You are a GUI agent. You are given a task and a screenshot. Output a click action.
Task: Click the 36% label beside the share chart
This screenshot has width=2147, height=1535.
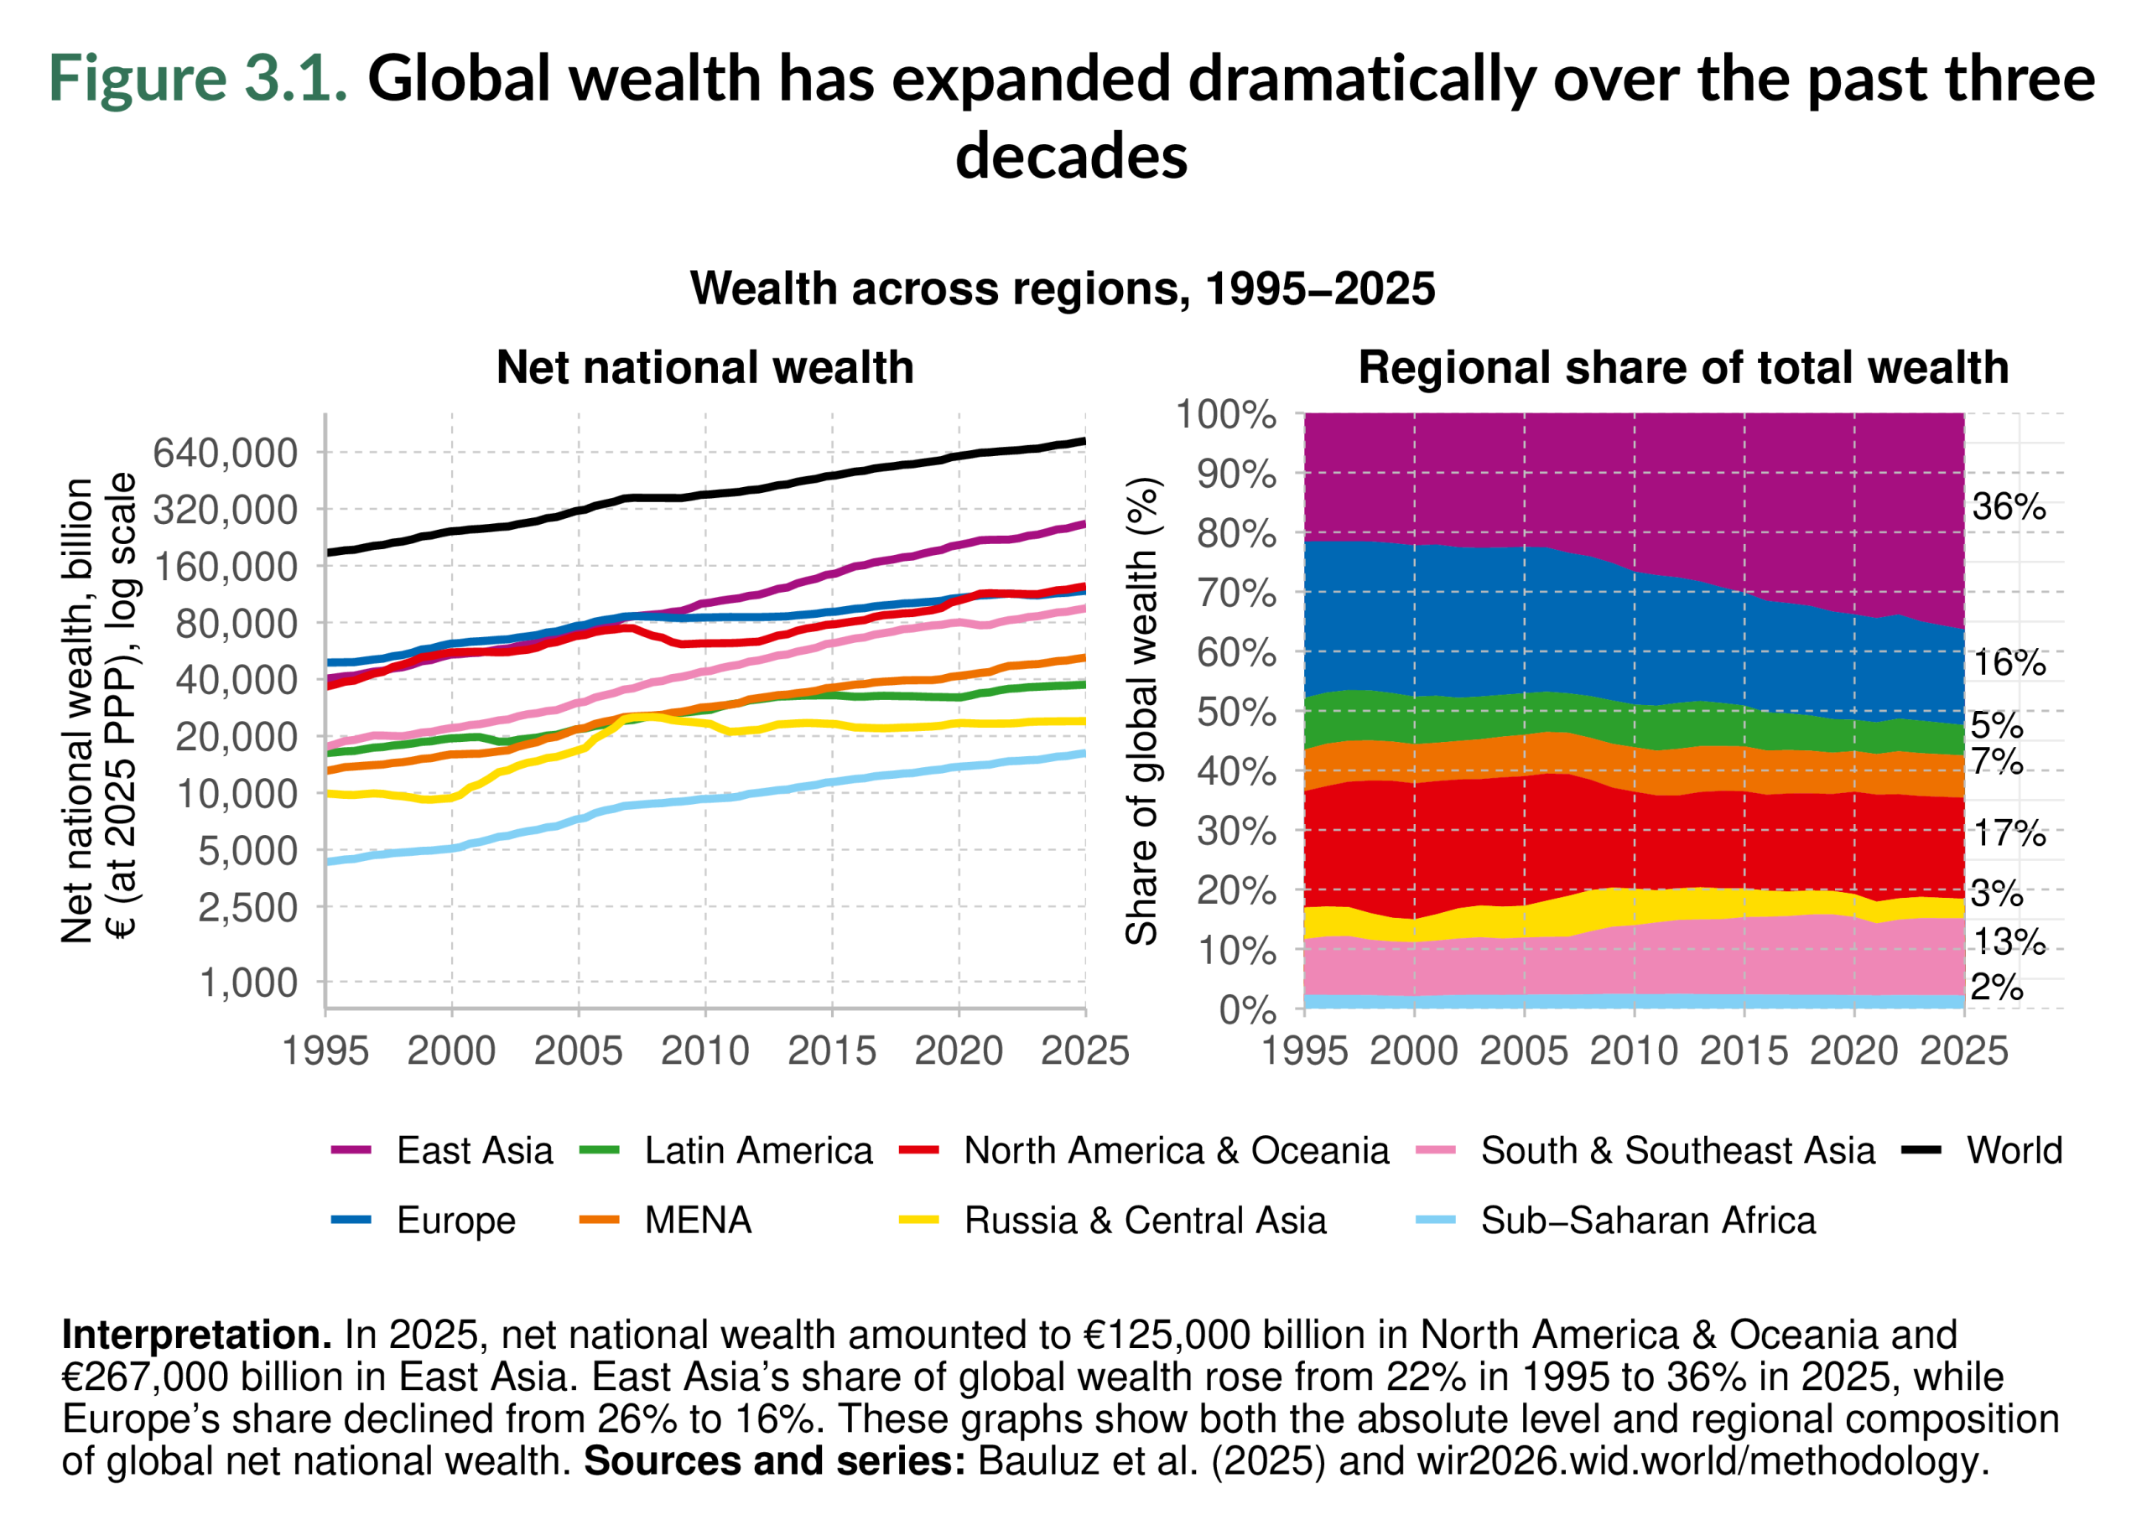[2007, 507]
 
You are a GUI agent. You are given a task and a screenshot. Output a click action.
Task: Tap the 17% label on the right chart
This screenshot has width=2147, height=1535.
[2008, 833]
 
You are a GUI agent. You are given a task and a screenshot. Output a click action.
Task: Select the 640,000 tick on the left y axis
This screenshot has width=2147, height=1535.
[225, 453]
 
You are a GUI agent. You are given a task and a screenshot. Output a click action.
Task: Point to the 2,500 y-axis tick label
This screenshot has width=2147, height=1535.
[247, 907]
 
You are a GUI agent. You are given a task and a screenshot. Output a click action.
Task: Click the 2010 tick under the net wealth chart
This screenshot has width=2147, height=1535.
[704, 1051]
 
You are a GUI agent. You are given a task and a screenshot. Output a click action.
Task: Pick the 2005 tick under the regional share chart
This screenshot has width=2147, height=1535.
[1523, 1051]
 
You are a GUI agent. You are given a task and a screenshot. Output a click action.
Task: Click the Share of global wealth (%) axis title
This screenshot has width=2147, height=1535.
[1142, 711]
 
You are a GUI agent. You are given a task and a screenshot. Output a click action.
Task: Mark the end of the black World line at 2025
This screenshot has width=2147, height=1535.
[1084, 442]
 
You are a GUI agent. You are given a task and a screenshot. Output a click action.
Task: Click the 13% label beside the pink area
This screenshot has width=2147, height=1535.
[2008, 942]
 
